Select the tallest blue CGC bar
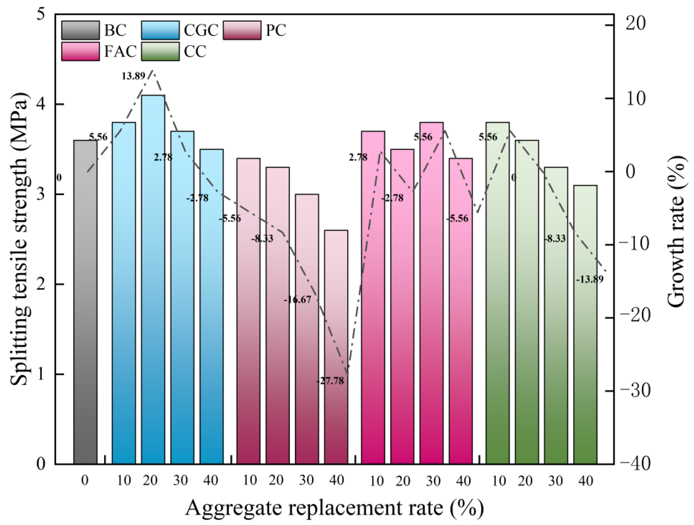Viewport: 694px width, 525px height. pos(153,279)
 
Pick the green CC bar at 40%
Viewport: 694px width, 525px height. pos(585,325)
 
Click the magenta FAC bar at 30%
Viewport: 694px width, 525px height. pos(431,293)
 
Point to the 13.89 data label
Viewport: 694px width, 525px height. pos(133,76)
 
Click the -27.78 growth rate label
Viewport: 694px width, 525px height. pos(330,381)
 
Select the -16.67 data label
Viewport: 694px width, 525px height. pos(297,300)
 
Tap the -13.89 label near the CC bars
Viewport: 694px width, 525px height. pos(590,279)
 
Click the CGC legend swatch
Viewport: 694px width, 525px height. pos(160,30)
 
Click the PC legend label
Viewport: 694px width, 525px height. pos(276,30)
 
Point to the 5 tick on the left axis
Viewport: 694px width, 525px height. pos(41,15)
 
